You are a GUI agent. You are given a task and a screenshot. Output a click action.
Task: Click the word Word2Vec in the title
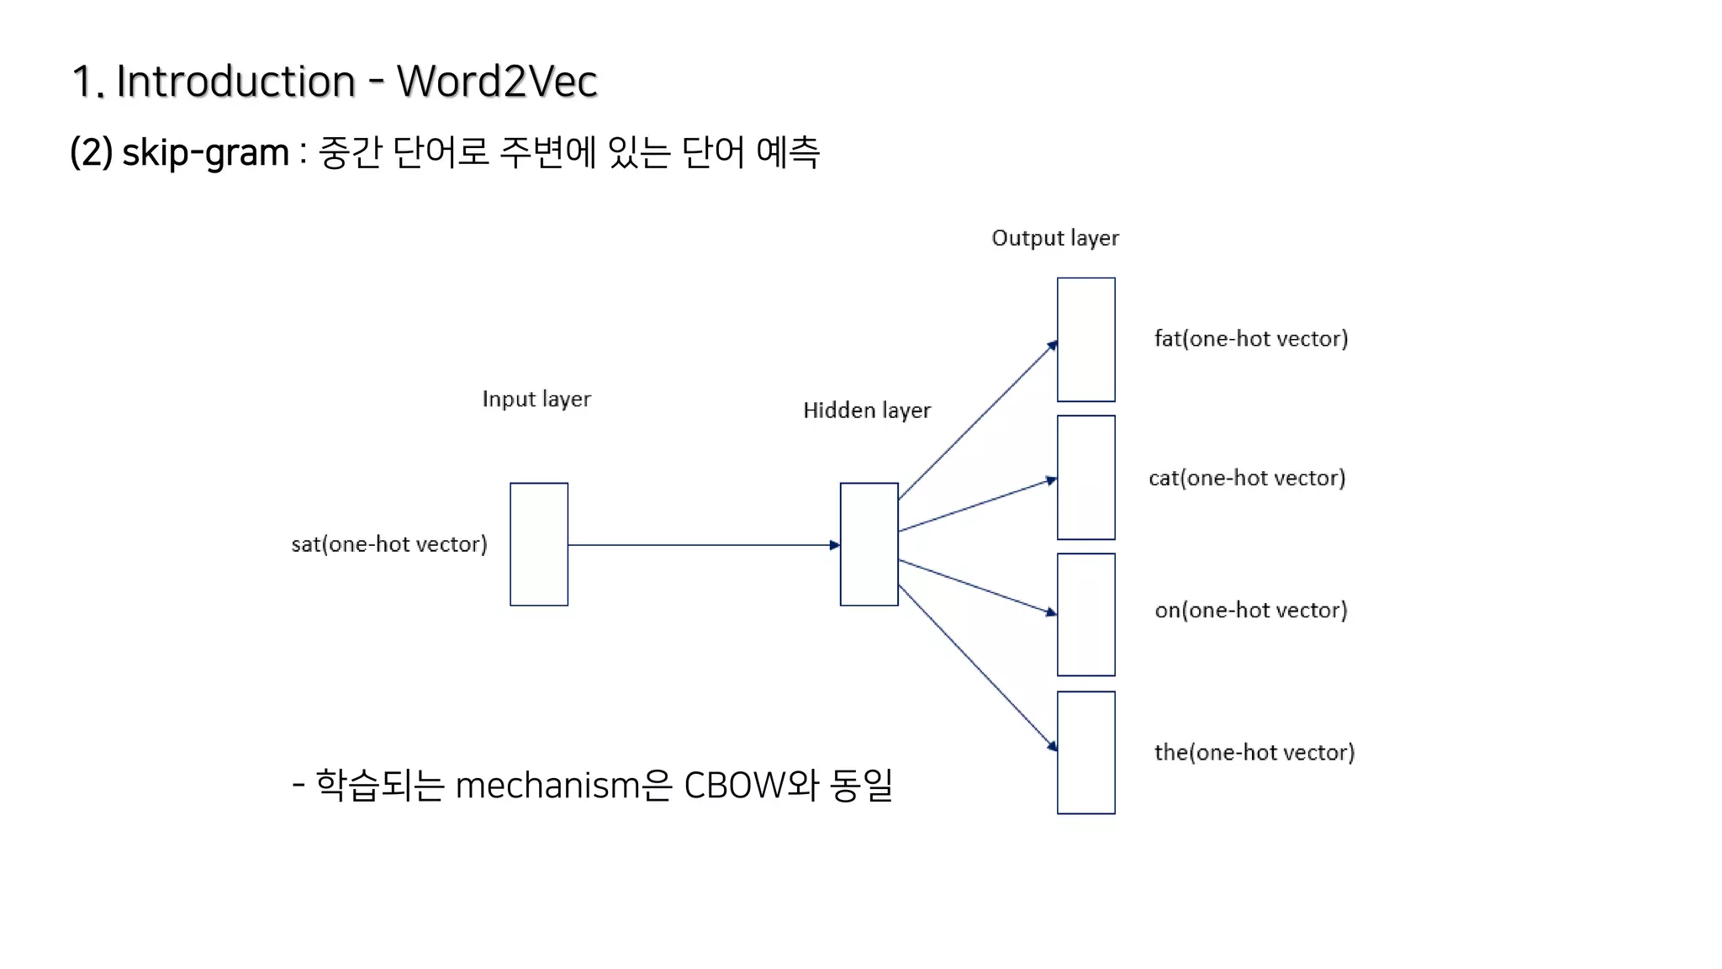tap(497, 82)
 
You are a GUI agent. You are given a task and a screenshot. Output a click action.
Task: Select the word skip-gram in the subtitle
tap(205, 153)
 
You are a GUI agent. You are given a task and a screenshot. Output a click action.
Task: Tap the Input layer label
tap(536, 399)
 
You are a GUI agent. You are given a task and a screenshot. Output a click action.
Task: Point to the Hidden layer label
tap(867, 410)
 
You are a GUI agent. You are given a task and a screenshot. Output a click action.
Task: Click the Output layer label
tap(1055, 238)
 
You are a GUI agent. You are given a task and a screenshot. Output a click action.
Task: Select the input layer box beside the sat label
tap(539, 544)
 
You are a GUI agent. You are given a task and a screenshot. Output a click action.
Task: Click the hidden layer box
tap(869, 544)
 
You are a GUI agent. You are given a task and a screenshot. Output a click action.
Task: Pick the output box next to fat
tap(1085, 340)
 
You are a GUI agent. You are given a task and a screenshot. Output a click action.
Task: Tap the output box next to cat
tap(1085, 478)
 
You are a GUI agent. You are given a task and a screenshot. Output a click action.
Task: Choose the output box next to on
tap(1085, 615)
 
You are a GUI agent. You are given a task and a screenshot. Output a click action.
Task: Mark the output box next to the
tap(1085, 753)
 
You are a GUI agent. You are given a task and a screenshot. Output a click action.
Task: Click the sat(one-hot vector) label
tap(389, 544)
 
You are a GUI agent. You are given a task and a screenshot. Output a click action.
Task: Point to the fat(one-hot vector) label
tap(1251, 339)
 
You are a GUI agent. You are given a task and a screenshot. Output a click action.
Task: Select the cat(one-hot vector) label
tap(1247, 479)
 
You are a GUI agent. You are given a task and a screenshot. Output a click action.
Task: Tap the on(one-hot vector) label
tap(1251, 610)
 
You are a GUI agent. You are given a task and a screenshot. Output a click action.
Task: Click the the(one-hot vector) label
tap(1255, 752)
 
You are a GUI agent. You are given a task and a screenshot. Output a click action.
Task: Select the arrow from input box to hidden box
tap(703, 545)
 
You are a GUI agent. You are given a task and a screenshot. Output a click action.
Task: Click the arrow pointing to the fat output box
tap(977, 422)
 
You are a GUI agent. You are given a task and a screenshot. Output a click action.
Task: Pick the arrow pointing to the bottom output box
tap(977, 665)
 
